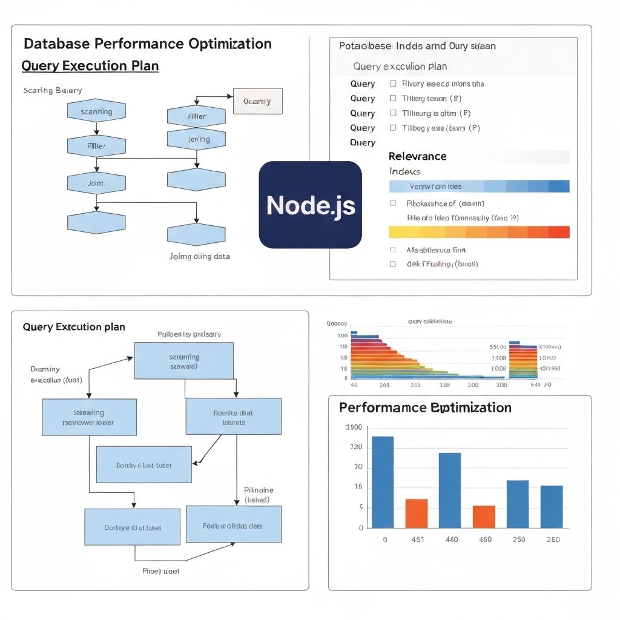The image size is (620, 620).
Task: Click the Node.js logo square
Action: click(x=310, y=205)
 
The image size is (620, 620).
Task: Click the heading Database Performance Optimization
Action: click(x=147, y=44)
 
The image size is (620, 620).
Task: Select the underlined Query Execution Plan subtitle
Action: click(x=90, y=65)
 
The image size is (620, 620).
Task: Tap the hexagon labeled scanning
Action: click(x=96, y=111)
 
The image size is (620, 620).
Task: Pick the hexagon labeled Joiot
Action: click(x=96, y=183)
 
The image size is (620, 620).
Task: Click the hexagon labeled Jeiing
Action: click(x=196, y=139)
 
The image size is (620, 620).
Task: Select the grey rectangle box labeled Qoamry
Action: click(x=257, y=102)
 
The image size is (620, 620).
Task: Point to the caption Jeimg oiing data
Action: click(x=199, y=256)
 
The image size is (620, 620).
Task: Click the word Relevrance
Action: click(x=417, y=156)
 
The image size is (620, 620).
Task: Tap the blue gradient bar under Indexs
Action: click(x=479, y=186)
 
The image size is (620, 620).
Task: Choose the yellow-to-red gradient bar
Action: click(x=479, y=232)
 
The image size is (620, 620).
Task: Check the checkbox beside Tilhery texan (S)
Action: click(x=393, y=98)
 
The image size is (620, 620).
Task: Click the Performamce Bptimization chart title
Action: click(x=425, y=407)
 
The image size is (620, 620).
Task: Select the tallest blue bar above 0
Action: click(x=383, y=482)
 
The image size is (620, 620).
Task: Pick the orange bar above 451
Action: click(x=417, y=513)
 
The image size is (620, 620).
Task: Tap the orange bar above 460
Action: click(x=484, y=516)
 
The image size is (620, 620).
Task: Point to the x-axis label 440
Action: click(x=451, y=539)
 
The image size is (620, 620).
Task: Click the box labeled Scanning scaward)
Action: click(x=184, y=361)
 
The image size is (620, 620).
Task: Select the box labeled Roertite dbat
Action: click(x=233, y=417)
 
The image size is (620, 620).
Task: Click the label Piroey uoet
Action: click(x=160, y=571)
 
